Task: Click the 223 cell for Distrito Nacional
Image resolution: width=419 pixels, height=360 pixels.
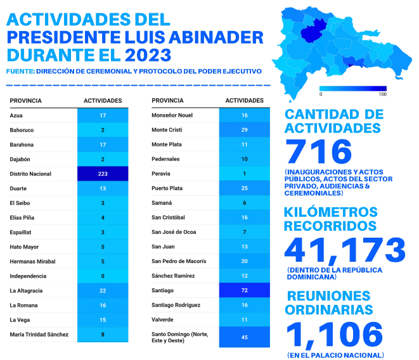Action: click(x=103, y=174)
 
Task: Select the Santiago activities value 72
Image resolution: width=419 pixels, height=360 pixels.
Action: click(x=244, y=290)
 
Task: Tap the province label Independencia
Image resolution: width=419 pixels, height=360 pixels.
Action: click(x=28, y=276)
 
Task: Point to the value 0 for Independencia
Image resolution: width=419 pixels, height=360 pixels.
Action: click(x=103, y=276)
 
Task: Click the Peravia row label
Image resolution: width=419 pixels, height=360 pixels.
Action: click(x=161, y=174)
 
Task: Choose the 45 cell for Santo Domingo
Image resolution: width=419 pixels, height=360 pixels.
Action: click(x=244, y=337)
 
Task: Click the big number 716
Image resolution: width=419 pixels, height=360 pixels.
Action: click(x=318, y=151)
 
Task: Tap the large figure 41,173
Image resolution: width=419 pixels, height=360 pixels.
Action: click(x=345, y=250)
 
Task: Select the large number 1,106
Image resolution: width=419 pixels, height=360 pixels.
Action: click(x=335, y=335)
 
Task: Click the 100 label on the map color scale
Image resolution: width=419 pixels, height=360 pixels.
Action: click(x=383, y=94)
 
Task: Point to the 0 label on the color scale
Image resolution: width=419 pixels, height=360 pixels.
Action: click(x=321, y=94)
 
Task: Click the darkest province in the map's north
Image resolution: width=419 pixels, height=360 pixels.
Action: click(x=313, y=30)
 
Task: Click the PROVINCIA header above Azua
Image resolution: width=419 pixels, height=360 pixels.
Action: click(x=25, y=101)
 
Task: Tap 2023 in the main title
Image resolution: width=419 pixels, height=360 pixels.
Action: click(x=148, y=55)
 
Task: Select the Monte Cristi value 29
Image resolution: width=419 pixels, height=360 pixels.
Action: click(x=244, y=130)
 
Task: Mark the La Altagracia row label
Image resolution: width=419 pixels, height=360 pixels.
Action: click(x=26, y=291)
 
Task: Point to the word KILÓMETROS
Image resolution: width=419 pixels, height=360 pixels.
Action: click(x=330, y=212)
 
